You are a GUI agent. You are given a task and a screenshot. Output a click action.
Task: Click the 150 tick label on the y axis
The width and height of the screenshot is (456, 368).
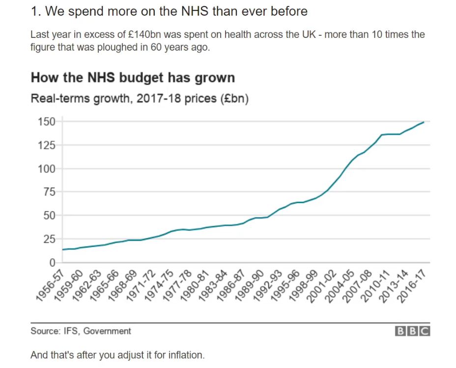pos(47,121)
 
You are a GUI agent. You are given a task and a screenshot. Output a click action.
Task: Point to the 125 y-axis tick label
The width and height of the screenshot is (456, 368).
pos(47,145)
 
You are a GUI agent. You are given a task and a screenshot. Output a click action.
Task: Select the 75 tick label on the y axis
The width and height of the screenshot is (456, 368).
pos(49,192)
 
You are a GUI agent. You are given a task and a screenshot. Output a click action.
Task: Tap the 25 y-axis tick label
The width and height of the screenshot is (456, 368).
pos(49,239)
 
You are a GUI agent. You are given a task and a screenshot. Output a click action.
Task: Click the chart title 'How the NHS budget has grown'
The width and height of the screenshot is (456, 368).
pos(133,78)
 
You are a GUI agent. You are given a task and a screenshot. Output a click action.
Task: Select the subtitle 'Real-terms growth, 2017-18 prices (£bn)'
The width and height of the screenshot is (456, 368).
pos(140,98)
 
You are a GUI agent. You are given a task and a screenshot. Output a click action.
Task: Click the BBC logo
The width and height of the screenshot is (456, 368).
pos(413,331)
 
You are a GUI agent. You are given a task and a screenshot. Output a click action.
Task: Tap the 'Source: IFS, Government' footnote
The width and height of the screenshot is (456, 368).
pos(81,331)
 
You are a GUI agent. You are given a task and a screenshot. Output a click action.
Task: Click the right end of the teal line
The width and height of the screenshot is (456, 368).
pos(424,122)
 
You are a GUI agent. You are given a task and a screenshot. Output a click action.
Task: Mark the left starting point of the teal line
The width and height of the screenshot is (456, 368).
pos(62,250)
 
